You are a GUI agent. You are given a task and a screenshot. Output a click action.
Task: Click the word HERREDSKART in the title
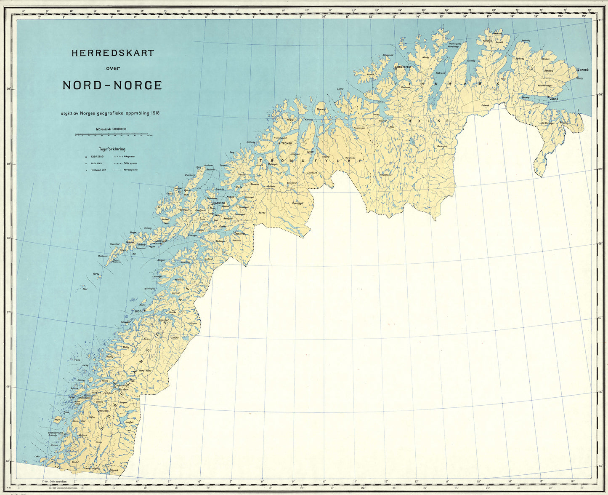tap(112, 54)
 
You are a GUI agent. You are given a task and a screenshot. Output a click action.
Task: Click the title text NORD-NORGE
tap(112, 85)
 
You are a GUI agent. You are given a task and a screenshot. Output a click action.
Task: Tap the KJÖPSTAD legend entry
tap(98, 156)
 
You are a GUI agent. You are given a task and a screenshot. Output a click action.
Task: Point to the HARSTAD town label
tap(219, 203)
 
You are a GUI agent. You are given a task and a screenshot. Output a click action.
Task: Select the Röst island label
tap(85, 289)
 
